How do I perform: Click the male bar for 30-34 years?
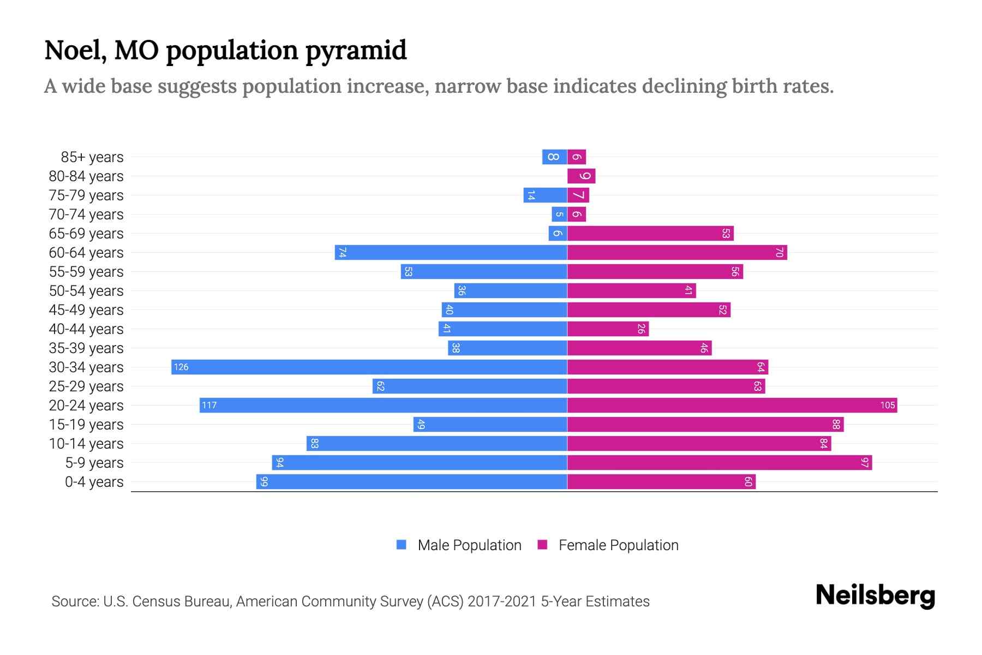pos(369,367)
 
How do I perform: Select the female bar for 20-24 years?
pos(732,405)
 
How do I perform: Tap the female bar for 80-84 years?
pos(581,176)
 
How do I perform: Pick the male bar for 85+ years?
pos(554,157)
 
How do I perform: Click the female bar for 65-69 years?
pos(650,233)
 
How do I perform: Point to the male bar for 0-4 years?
pos(412,481)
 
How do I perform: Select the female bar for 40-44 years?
pos(608,329)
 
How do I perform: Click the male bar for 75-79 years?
pos(545,195)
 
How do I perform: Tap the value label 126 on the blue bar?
pos(181,367)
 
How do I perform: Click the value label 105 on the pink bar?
pos(887,405)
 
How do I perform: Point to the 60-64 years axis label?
pos(86,253)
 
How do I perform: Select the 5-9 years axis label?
pos(94,463)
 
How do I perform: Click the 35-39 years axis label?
pos(86,348)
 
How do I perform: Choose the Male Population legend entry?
pos(469,545)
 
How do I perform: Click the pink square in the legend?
pos(542,545)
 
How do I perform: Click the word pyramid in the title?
pos(355,51)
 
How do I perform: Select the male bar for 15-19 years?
pos(490,424)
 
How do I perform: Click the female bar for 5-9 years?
pos(719,462)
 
